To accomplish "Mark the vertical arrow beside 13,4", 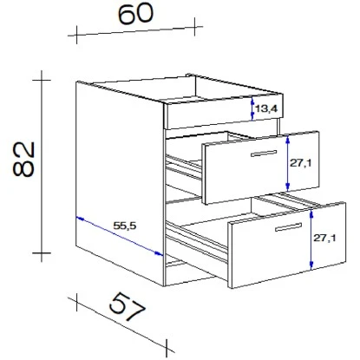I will pyautogui.click(x=252, y=108).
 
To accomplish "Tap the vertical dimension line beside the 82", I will pyautogui.click(x=40, y=165).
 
